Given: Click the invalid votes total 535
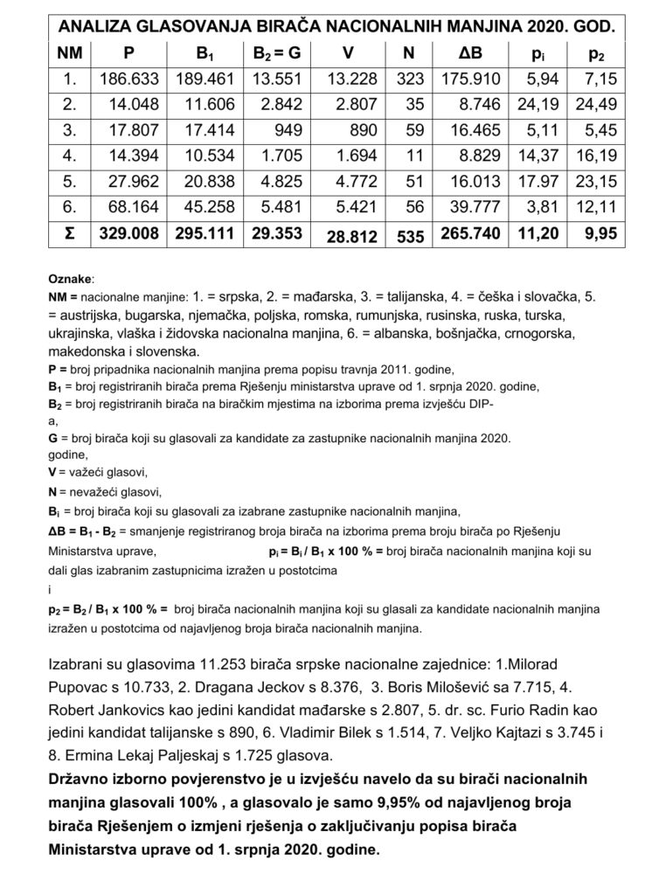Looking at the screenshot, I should point(408,237).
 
